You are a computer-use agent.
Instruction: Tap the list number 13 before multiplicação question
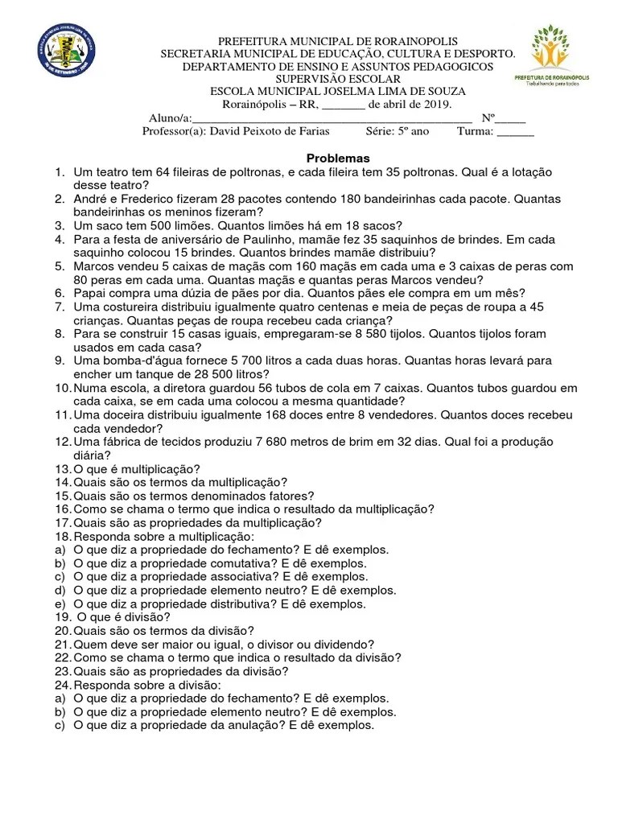(62, 469)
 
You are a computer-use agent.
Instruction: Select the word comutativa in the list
(238, 563)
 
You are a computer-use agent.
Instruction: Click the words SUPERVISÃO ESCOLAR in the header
(338, 80)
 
